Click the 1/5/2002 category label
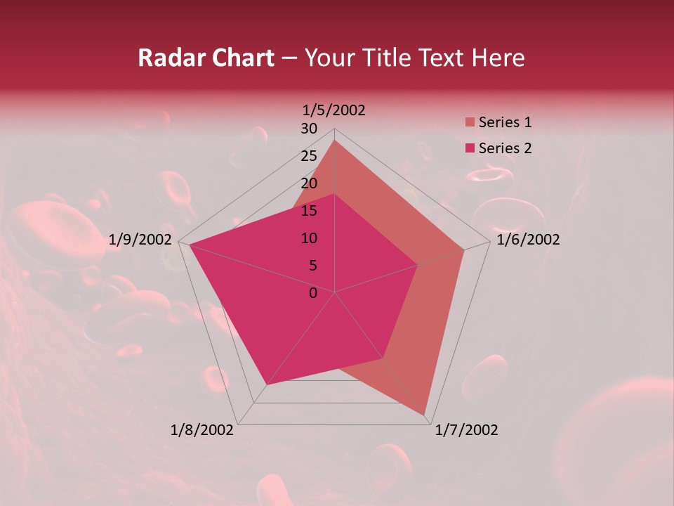click(x=333, y=110)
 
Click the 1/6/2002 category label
click(x=528, y=240)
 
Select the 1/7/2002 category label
click(x=466, y=430)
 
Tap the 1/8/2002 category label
click(x=202, y=430)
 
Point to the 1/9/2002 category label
click(x=140, y=240)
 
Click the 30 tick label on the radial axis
click(x=309, y=129)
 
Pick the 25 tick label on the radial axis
click(x=309, y=156)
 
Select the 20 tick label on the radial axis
click(x=309, y=183)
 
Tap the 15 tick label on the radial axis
click(x=309, y=211)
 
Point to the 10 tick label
click(x=309, y=238)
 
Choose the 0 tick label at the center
click(x=313, y=293)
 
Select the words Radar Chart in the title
click(x=206, y=58)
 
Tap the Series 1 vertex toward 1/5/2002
click(x=335, y=141)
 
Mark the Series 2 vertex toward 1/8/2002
click(x=267, y=384)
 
